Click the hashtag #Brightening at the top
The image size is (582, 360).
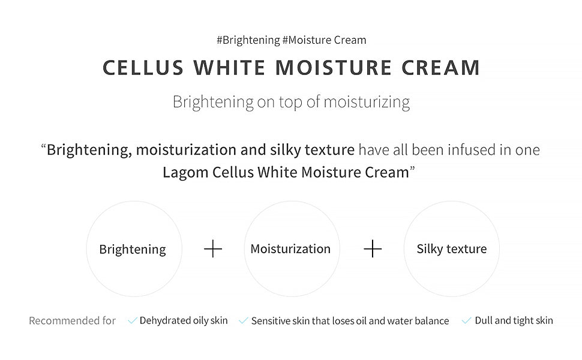point(248,40)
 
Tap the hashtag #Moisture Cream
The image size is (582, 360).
point(324,40)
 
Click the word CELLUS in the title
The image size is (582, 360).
point(143,68)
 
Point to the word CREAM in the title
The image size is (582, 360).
point(441,68)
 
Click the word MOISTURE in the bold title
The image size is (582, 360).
point(334,68)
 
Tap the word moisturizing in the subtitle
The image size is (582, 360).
point(367,102)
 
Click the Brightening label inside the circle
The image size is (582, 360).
point(133,250)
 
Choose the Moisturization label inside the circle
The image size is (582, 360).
point(290,249)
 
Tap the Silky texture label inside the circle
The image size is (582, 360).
point(452,249)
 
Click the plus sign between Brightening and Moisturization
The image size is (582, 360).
point(213,249)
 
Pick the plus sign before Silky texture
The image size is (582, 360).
point(373,249)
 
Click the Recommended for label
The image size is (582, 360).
point(72,321)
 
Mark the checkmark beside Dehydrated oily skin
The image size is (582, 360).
point(133,321)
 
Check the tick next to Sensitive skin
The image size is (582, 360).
point(243,321)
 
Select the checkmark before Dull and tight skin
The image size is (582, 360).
point(466,321)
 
